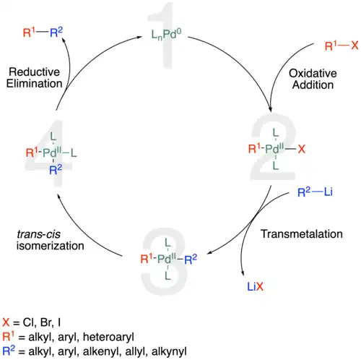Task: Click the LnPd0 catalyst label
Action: pos(166,35)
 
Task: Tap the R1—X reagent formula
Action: pos(342,46)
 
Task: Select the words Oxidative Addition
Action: pos(313,79)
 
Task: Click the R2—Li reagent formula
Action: pos(315,192)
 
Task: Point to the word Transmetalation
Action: pos(302,234)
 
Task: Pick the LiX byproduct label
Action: pos(256,286)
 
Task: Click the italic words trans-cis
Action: pos(38,234)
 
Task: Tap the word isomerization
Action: pos(51,246)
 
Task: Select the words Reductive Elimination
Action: pos(35,77)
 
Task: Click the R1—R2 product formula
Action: pos(43,33)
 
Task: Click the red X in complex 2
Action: pos(302,149)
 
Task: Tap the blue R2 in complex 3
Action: pos(191,260)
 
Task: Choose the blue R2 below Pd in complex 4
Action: pos(56,170)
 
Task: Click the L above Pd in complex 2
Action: pos(276,133)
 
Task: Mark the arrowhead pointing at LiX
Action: pos(243,273)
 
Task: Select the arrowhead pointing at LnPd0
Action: pos(139,37)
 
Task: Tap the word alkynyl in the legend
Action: pos(169,351)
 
